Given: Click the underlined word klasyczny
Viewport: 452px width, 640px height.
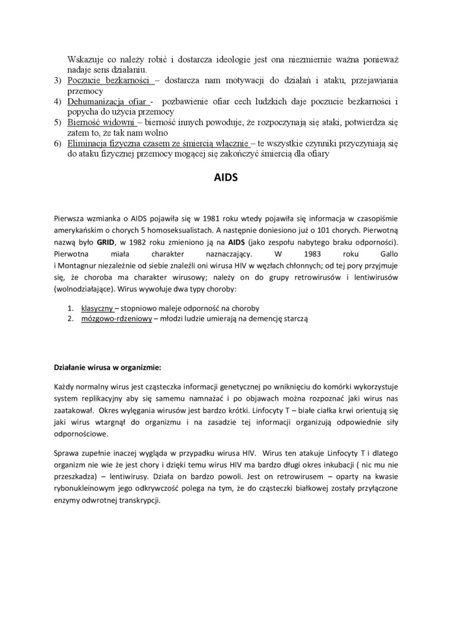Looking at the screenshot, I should (97, 308).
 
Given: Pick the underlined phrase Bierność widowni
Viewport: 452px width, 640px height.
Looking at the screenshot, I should (102, 123).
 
